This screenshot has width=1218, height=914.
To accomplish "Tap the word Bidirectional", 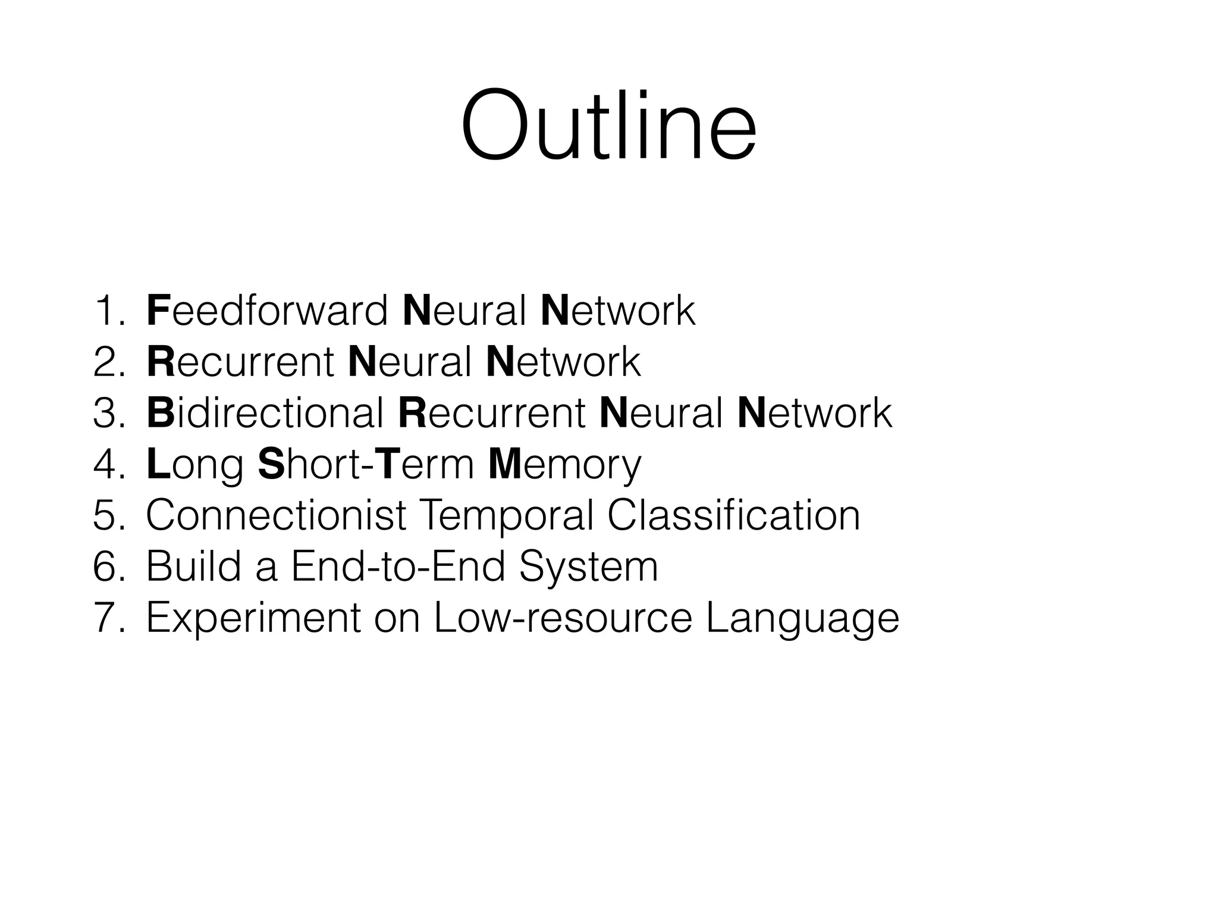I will [265, 413].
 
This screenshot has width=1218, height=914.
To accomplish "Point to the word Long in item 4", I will [194, 465].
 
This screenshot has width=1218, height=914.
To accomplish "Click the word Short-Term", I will [366, 464].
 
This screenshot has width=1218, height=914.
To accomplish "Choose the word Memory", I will [564, 465].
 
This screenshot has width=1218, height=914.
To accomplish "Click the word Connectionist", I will [276, 515].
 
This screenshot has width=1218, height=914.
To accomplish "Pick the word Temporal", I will [507, 515].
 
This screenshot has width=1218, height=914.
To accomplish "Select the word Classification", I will [733, 515].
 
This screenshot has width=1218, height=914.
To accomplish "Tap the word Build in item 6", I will [194, 566].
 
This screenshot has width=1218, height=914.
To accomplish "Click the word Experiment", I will [253, 619].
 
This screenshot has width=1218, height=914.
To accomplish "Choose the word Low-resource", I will [563, 619].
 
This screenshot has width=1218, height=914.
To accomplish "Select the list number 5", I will [108, 515].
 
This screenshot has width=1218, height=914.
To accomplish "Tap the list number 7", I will [108, 619].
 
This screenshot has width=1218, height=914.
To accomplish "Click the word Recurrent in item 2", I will [240, 362].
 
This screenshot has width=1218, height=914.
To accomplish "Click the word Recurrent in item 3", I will [492, 413].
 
